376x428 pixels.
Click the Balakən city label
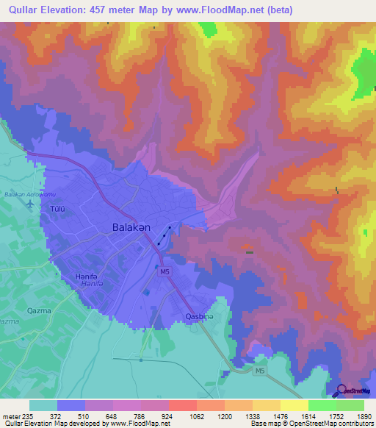coord(131,228)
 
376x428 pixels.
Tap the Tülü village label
coord(57,208)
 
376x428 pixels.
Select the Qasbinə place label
coord(198,318)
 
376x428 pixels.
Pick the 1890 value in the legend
coord(364,416)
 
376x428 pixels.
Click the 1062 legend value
coord(196,416)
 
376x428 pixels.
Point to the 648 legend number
coord(112,416)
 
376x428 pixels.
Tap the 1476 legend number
coord(280,416)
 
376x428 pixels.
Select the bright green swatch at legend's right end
coord(350,405)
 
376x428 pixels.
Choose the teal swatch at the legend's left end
coord(43,405)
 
